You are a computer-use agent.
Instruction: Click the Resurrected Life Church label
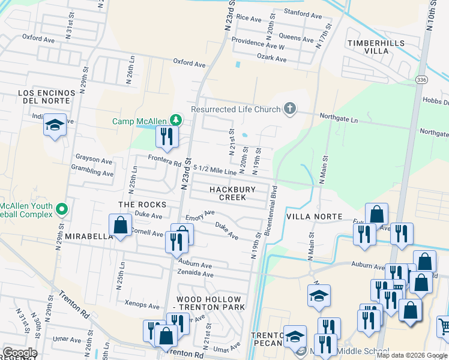pyautogui.click(x=236, y=109)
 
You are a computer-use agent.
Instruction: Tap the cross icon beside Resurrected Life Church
pyautogui.click(x=290, y=109)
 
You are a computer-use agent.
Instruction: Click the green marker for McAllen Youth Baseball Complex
pyautogui.click(x=62, y=209)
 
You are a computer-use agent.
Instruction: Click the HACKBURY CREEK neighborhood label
pyautogui.click(x=232, y=193)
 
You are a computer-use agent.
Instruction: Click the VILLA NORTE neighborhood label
pyautogui.click(x=315, y=216)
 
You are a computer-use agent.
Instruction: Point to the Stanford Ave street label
pyautogui.click(x=303, y=13)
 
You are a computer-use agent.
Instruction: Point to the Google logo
pyautogui.click(x=19, y=353)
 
